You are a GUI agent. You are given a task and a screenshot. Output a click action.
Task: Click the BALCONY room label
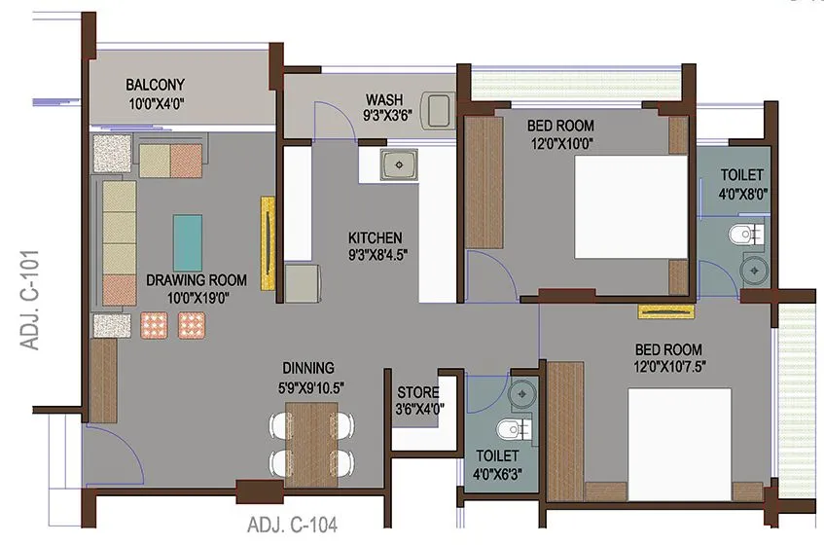tap(155, 85)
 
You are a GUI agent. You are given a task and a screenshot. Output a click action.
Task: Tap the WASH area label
tap(384, 100)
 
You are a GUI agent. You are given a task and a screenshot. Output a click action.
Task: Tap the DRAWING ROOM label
tap(196, 280)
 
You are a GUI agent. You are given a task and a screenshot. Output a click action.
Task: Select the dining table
tap(310, 442)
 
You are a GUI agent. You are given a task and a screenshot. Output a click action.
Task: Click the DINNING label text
tap(308, 368)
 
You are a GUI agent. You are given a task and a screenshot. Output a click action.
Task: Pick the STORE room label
tap(417, 392)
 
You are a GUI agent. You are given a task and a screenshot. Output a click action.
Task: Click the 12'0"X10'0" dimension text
tap(560, 143)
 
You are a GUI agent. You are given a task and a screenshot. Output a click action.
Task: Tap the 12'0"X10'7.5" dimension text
tap(667, 367)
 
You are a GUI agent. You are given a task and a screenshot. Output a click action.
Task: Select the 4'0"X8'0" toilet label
tap(742, 193)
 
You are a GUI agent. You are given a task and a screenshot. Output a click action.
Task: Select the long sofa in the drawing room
tap(120, 242)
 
